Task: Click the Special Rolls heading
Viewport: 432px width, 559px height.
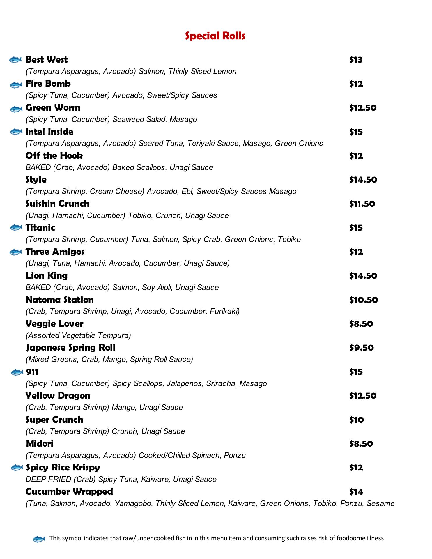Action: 215,36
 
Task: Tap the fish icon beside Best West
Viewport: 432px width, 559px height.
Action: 16,60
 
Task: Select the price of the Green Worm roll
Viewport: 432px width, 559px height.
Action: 363,108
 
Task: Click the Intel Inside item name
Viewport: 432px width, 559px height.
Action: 49,132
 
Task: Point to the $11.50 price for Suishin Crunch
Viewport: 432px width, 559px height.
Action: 362,204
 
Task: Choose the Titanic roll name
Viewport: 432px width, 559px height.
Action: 40,227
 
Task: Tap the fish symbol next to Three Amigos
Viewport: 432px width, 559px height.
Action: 16,252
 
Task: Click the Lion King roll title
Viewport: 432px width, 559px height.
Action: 47,275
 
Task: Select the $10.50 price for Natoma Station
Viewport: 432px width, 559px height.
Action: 363,300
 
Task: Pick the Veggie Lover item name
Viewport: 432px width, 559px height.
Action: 54,323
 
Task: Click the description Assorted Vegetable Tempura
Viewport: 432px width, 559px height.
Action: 78,335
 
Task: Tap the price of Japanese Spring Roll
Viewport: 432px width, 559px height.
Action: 361,348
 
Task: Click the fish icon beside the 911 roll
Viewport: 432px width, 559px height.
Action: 17,372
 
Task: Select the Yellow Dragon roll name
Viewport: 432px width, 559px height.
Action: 58,395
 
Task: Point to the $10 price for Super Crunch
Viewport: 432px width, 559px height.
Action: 356,420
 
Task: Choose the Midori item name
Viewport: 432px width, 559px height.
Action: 40,443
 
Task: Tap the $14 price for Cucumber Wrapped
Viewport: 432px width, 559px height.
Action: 356,492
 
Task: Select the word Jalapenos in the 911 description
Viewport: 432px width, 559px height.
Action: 184,383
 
